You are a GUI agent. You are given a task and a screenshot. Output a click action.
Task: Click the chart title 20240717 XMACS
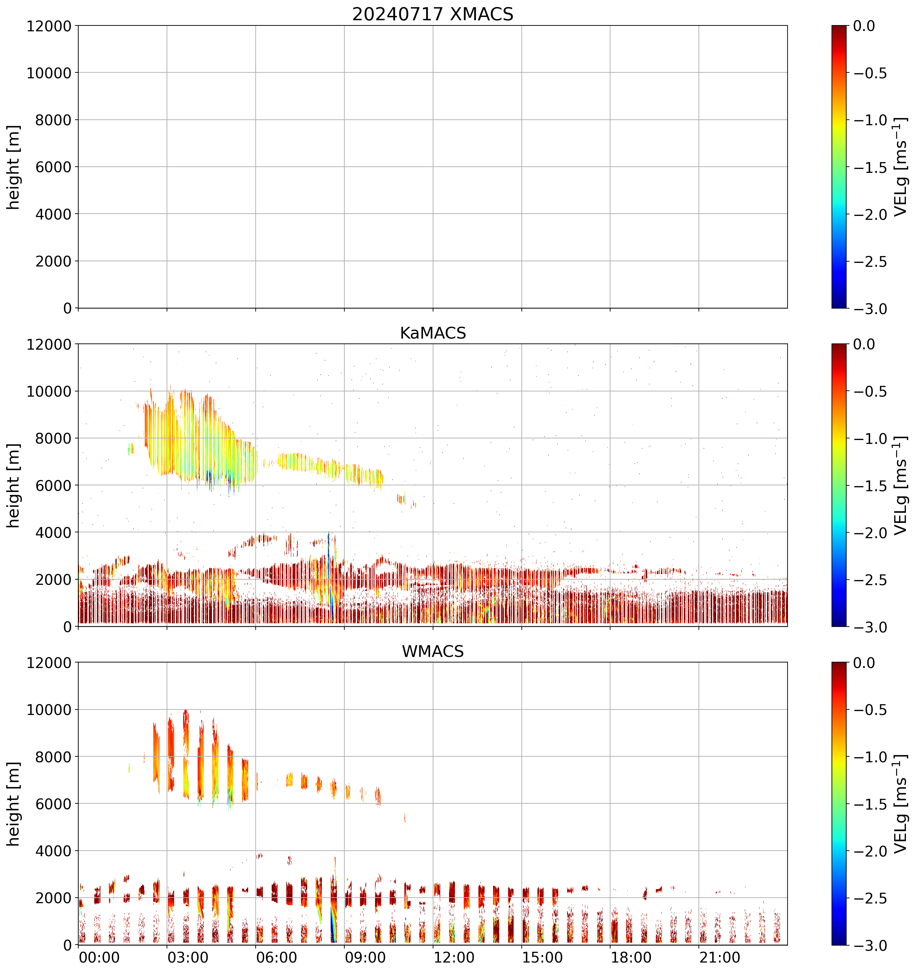tap(433, 14)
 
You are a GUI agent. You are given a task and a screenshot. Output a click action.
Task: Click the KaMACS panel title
tap(433, 333)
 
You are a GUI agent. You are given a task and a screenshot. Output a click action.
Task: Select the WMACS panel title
tap(433, 651)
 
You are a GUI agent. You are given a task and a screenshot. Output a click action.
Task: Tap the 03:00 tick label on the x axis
tap(188, 957)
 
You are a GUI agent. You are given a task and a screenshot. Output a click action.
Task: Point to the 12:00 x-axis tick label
tap(454, 957)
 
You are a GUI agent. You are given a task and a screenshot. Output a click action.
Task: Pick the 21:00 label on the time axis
tap(719, 957)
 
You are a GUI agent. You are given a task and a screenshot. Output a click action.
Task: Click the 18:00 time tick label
tap(631, 957)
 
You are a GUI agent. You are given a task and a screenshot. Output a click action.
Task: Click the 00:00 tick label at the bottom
tap(99, 957)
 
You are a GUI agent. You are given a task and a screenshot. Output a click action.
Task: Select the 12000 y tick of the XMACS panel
tap(49, 26)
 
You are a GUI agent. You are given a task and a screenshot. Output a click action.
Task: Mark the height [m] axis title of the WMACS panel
tap(14, 804)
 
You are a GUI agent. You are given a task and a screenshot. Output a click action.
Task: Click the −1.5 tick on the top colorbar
tap(871, 167)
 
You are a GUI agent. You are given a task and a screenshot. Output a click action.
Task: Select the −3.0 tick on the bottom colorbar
tap(871, 946)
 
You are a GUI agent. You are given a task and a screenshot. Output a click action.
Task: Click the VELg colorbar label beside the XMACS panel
tap(900, 167)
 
